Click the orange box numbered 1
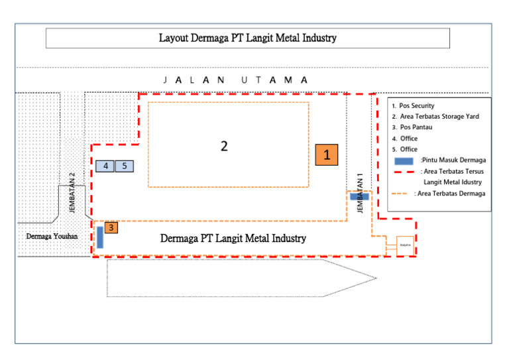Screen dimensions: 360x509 click(x=327, y=154)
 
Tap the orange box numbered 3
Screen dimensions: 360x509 click(x=111, y=227)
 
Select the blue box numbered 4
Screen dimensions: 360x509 click(x=105, y=166)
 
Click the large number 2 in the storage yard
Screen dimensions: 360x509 click(x=224, y=146)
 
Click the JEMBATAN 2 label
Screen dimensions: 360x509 click(x=72, y=192)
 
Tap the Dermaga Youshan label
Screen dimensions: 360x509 click(x=52, y=236)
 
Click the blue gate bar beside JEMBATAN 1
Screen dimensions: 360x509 click(x=359, y=196)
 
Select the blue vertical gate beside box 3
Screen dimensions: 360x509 click(x=100, y=237)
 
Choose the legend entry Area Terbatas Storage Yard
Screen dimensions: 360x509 click(x=439, y=117)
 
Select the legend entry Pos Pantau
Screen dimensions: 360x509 click(x=416, y=127)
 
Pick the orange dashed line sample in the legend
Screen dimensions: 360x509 click(x=402, y=194)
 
